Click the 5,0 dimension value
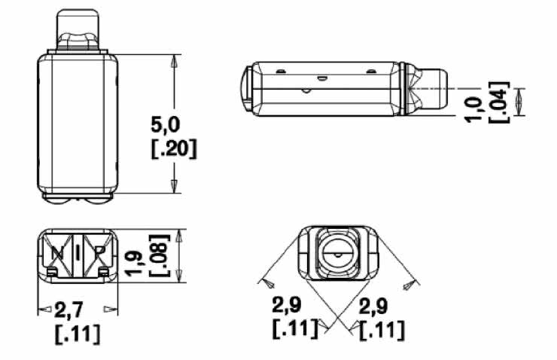(166, 125)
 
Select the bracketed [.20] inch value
(174, 149)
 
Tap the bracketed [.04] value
(499, 102)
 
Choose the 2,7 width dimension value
(68, 310)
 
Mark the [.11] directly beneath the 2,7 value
(78, 334)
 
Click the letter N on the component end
(57, 253)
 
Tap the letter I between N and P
(78, 253)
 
